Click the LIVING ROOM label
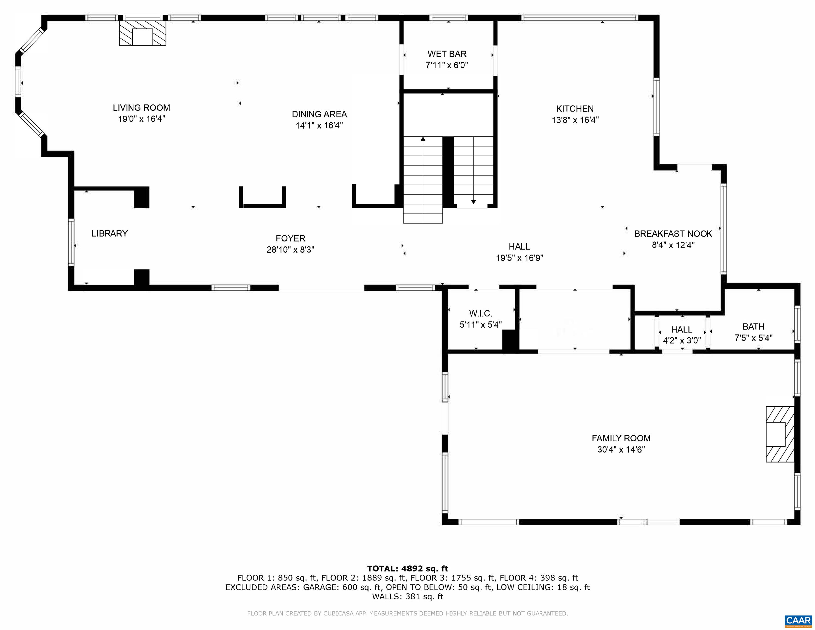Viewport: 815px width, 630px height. (x=141, y=108)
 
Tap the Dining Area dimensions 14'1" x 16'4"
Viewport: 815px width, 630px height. (x=319, y=126)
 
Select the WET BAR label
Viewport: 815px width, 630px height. (x=447, y=54)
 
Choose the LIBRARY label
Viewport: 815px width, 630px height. (x=109, y=233)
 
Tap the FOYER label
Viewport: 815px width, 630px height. (x=290, y=238)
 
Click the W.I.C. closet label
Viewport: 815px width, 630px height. (x=481, y=314)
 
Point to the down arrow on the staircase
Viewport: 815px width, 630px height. (x=473, y=202)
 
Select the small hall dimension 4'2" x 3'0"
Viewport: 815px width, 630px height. (x=682, y=340)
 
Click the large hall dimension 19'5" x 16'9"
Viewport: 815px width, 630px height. (x=519, y=258)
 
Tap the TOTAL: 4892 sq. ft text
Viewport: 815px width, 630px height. (x=407, y=568)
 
